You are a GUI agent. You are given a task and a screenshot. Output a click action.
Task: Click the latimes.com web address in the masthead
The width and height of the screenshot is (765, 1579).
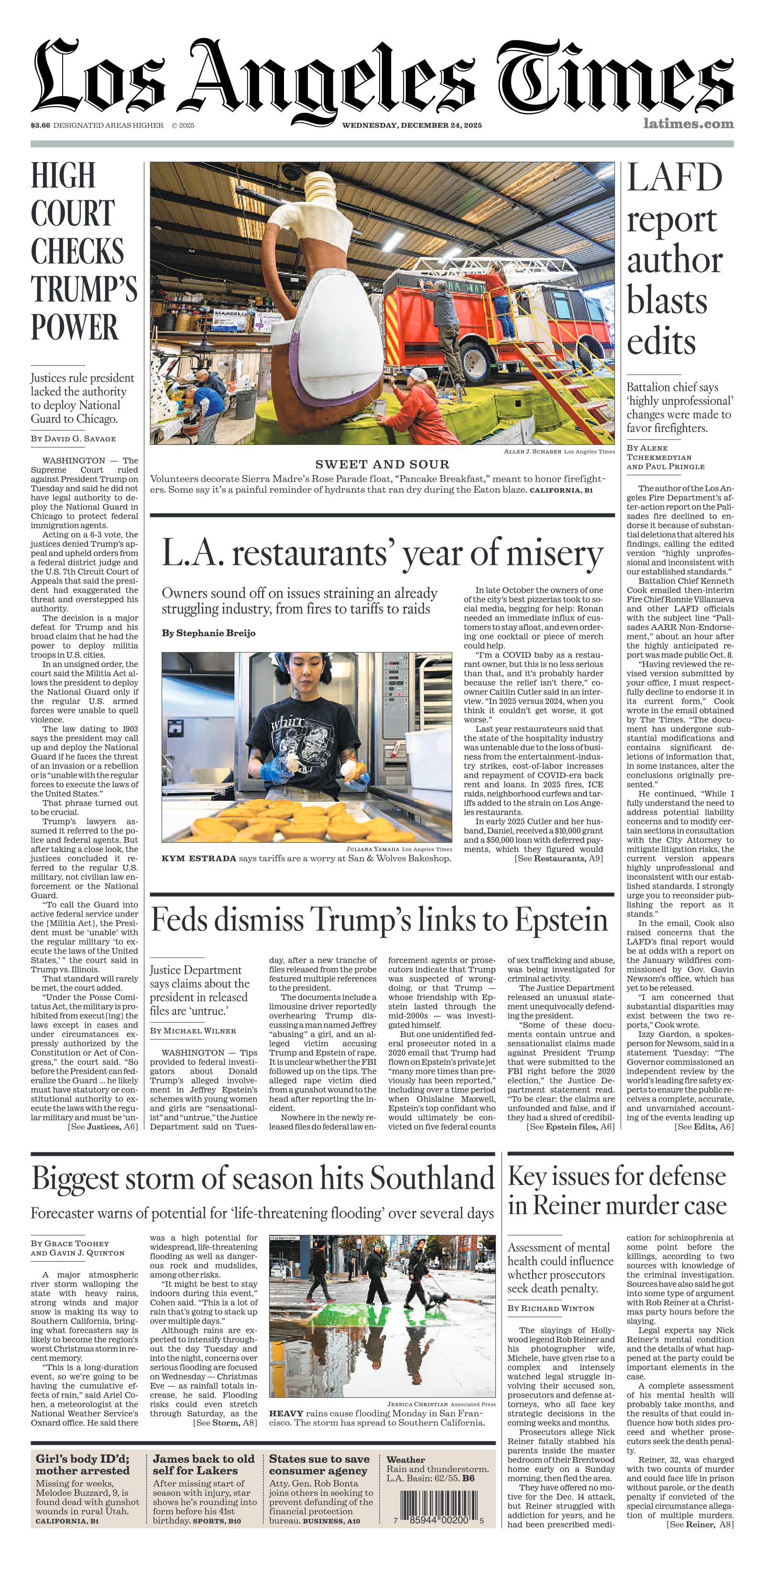pos(688,124)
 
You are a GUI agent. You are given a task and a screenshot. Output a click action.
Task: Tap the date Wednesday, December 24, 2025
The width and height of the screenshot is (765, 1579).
pos(412,125)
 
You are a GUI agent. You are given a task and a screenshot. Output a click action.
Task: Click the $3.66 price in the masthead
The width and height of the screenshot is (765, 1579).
pos(41,125)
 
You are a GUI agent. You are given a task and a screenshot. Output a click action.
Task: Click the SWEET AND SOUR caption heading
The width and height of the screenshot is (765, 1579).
pos(382,464)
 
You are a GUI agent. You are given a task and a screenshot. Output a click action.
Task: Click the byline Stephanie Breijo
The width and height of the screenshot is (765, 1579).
pos(208,632)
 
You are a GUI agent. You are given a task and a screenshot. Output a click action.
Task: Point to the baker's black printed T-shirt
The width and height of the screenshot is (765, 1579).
pos(306,742)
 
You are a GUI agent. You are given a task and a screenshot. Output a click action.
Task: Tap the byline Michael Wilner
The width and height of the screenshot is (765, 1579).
pos(193,1030)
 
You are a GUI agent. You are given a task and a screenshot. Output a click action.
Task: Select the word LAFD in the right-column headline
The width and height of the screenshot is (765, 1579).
pos(674,178)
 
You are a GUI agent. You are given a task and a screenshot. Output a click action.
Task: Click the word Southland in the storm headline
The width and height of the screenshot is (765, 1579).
pos(432,1179)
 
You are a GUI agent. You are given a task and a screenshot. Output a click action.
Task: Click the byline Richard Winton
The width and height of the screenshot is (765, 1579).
pos(551,1308)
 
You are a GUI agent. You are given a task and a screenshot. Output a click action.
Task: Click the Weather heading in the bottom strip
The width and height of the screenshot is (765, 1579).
pos(405,1459)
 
